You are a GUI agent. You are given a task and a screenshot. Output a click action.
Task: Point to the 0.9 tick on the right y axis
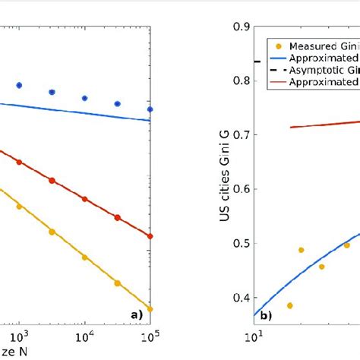(x=242, y=27)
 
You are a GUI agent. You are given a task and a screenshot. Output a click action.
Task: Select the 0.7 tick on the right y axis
(x=242, y=135)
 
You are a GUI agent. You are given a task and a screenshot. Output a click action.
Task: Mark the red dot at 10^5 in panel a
(x=150, y=236)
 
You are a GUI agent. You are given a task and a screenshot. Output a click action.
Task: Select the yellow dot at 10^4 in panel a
(x=84, y=257)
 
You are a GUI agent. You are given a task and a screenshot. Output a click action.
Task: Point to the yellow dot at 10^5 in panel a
(x=150, y=308)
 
